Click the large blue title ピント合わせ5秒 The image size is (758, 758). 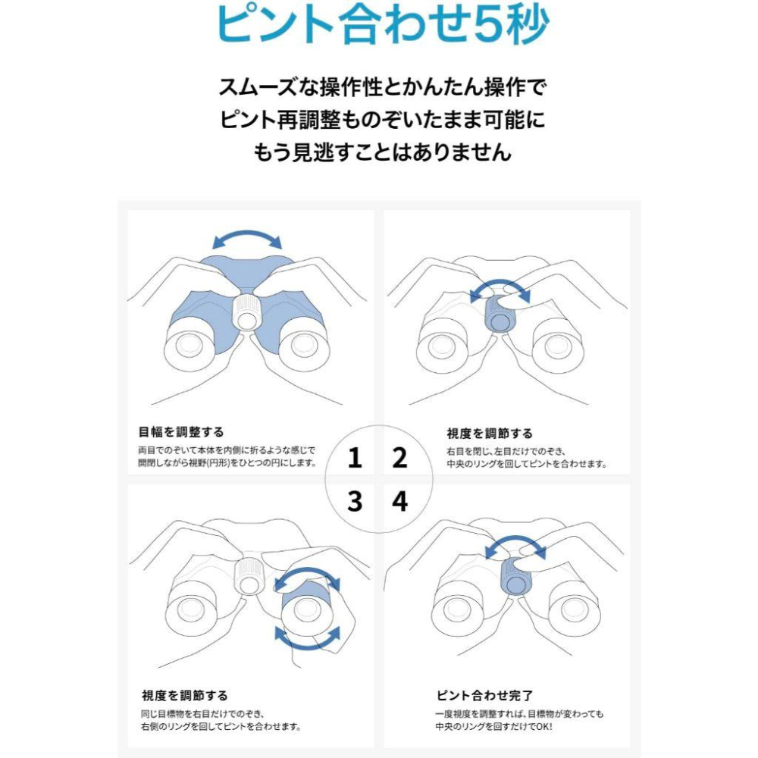pyautogui.click(x=382, y=24)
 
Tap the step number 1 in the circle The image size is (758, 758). pyautogui.click(x=355, y=457)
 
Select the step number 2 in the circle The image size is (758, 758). pyautogui.click(x=399, y=457)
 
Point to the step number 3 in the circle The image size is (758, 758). pyautogui.click(x=355, y=501)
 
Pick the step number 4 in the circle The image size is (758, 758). pyautogui.click(x=399, y=501)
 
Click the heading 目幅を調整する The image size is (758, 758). pyautogui.click(x=181, y=432)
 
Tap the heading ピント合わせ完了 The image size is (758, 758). pyautogui.click(x=484, y=695)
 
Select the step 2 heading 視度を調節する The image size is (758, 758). pyautogui.click(x=490, y=433)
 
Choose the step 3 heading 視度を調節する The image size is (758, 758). pyautogui.click(x=185, y=695)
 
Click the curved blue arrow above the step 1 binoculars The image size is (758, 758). pyautogui.click(x=247, y=233)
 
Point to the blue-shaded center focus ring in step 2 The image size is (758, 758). pyautogui.click(x=500, y=315)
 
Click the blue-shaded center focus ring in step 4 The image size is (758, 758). pyautogui.click(x=515, y=577)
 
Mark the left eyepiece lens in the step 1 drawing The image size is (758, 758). pyautogui.click(x=189, y=344)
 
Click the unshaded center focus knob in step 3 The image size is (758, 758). pyautogui.click(x=249, y=576)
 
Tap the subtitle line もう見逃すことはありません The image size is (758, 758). pyautogui.click(x=382, y=152)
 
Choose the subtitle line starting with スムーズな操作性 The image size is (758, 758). pyautogui.click(x=382, y=87)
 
